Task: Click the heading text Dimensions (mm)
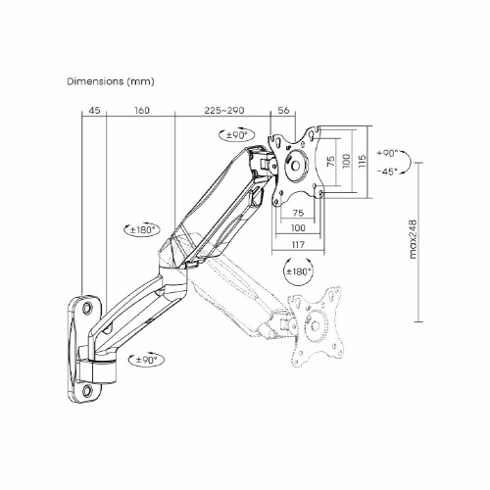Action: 111,81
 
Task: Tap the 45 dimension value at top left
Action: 94,111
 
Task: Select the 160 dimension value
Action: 142,111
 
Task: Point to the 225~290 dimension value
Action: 224,111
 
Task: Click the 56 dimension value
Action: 283,111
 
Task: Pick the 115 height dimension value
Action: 363,161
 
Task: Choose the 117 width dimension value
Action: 298,244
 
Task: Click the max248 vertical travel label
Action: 414,239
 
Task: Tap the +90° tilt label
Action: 387,153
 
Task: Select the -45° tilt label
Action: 387,171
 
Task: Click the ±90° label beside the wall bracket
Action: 147,360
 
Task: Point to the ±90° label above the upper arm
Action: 236,135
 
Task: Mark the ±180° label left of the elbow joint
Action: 141,230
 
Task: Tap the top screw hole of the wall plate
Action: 87,308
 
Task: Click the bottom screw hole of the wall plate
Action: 87,390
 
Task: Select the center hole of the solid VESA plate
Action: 295,166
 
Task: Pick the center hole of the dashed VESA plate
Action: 316,325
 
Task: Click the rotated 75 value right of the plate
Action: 331,162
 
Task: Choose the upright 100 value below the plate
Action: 298,228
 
